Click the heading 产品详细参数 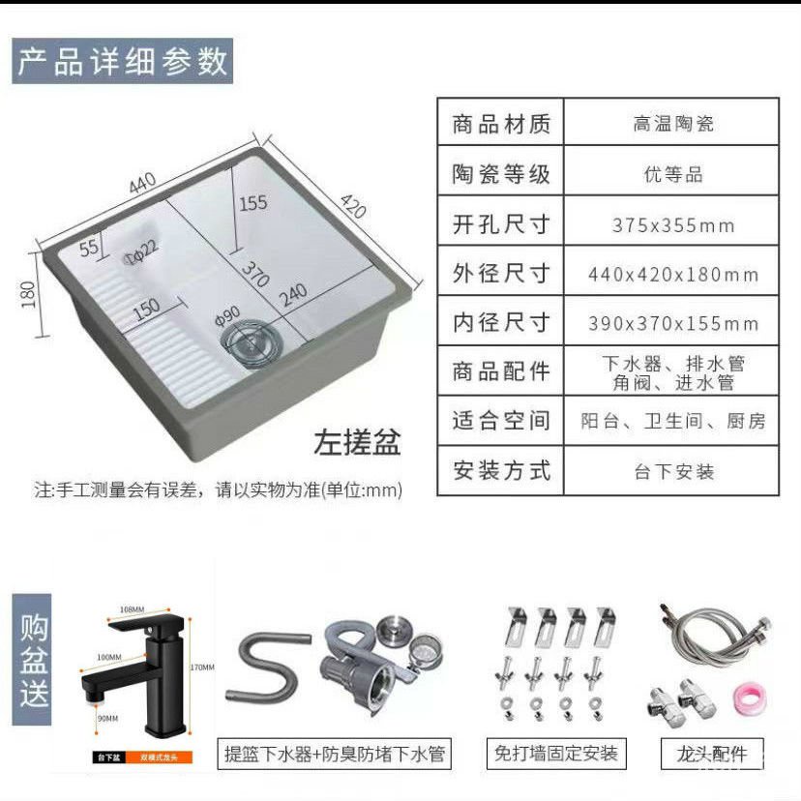point(123,61)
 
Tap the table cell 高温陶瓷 point(673,124)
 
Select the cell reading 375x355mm point(673,225)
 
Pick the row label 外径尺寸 point(501,274)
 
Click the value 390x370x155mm point(673,323)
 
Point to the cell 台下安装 point(673,472)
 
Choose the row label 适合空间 point(501,421)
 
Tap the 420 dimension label point(353,206)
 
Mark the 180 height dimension point(28,290)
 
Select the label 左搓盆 point(356,443)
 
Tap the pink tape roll point(744,697)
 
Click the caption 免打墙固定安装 point(555,753)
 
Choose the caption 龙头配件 point(711,753)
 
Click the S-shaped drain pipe point(261,667)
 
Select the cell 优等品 point(673,175)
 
